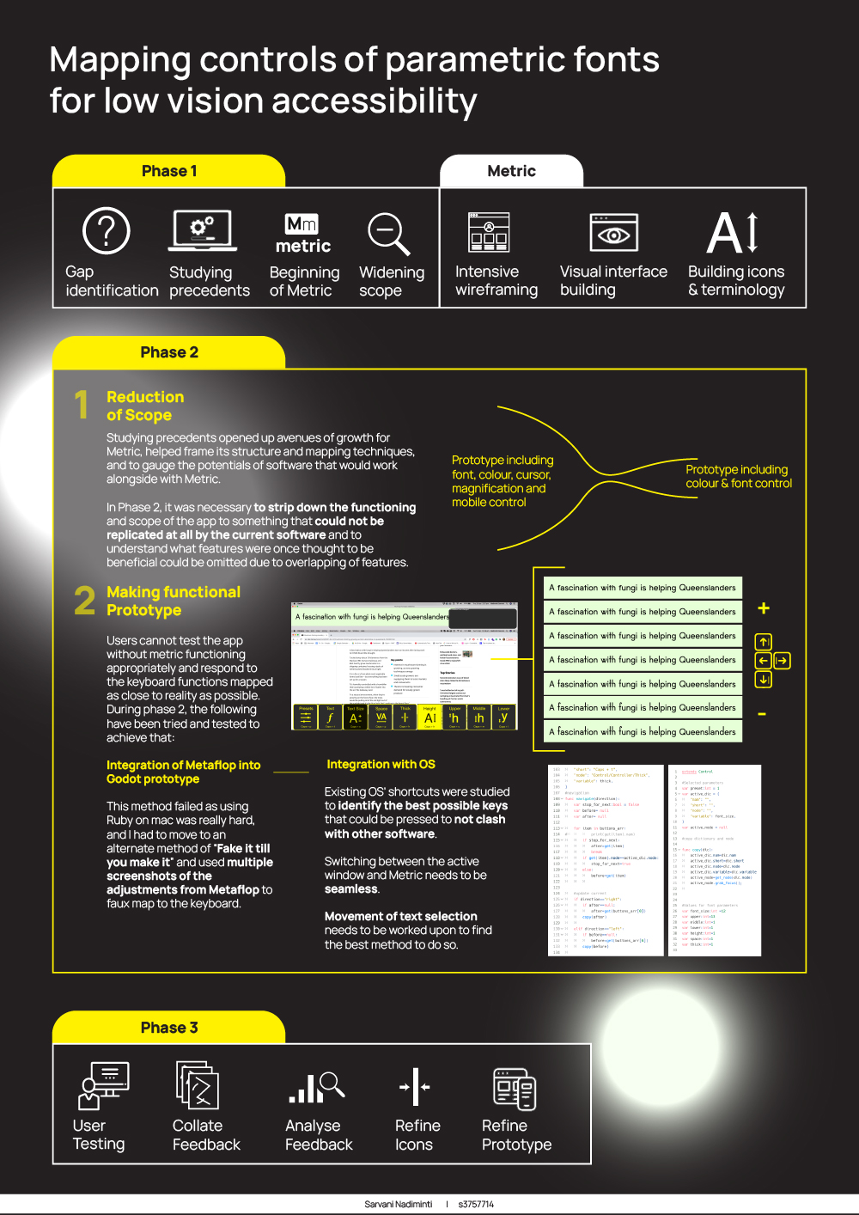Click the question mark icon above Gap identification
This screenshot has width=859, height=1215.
coord(107,231)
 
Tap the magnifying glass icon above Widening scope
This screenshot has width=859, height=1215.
coord(388,234)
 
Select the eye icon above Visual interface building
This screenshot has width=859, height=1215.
coord(613,234)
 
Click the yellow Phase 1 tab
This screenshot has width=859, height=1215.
coord(169,171)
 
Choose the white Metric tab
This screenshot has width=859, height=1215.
coord(511,171)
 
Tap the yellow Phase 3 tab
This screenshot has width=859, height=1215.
coord(169,1028)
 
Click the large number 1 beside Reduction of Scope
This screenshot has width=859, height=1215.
coord(82,405)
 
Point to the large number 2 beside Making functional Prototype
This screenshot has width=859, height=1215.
coord(84,601)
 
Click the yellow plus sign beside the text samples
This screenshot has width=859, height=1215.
coord(763,608)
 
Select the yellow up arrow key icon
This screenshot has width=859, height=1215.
coord(763,642)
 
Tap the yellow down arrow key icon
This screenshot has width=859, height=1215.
coord(763,680)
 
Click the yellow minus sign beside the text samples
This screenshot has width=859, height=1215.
coord(762,714)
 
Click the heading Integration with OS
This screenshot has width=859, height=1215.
coord(381,764)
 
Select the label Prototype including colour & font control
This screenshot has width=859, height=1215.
coord(738,476)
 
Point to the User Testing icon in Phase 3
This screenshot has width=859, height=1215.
coord(104,1085)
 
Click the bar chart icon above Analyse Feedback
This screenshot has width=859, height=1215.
coord(315,1087)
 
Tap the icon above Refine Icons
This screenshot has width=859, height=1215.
coord(415,1087)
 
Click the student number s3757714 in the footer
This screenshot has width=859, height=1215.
coord(476,1204)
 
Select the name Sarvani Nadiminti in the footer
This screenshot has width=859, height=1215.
coord(398,1204)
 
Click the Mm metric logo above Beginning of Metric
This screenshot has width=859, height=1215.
coord(302,234)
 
